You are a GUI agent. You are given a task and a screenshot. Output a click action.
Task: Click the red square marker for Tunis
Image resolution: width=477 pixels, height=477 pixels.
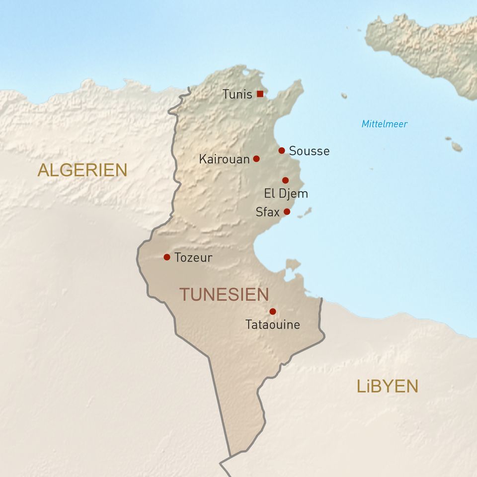(260, 94)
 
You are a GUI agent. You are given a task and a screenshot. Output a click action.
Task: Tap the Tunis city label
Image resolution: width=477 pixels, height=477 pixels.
(237, 94)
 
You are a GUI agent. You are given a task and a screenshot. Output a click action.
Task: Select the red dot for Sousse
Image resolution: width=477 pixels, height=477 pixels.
(282, 151)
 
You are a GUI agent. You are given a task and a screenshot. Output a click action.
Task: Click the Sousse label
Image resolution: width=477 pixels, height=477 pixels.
(309, 151)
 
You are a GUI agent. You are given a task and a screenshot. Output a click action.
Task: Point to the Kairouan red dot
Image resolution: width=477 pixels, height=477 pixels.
(256, 159)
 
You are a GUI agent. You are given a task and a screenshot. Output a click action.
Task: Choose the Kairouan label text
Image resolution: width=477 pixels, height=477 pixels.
(224, 159)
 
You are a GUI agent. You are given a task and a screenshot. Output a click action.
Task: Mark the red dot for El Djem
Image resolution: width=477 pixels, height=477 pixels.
(285, 180)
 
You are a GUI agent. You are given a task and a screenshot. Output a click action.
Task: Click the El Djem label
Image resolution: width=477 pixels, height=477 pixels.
(286, 194)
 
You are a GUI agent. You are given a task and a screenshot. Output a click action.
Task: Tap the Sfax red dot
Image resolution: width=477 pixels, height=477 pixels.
(287, 212)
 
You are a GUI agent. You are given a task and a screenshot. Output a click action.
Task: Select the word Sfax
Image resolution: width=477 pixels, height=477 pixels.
(267, 212)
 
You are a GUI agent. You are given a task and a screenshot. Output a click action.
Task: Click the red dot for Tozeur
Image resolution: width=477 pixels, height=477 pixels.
(167, 257)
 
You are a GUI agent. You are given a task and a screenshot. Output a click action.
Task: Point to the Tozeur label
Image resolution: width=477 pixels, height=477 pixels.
(193, 258)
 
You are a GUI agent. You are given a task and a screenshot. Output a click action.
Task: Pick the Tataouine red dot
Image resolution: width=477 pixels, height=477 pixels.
(273, 312)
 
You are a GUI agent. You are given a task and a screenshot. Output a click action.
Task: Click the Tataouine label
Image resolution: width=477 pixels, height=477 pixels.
(273, 325)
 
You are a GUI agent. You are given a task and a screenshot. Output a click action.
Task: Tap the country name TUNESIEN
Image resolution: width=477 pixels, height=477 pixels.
(224, 295)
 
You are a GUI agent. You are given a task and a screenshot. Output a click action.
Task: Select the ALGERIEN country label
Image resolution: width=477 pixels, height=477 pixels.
(82, 170)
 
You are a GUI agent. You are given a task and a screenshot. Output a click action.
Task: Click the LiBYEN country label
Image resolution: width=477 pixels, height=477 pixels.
(388, 386)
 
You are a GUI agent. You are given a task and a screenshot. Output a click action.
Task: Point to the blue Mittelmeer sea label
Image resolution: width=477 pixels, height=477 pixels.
(384, 124)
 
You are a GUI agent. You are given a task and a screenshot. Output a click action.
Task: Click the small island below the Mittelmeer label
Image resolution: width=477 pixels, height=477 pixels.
(456, 147)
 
